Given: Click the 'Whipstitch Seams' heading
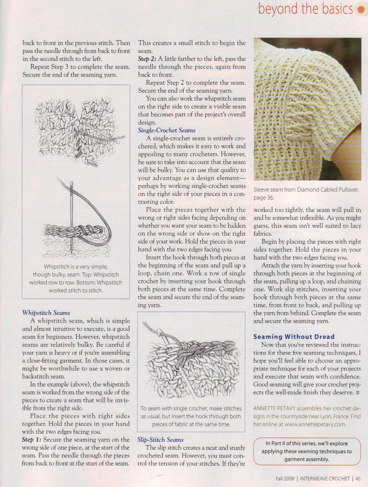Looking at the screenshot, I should [x=46, y=313].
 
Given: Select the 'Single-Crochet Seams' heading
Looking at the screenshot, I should [x=167, y=130].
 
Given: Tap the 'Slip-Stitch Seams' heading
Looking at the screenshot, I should [x=160, y=440].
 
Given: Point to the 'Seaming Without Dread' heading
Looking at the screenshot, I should [x=294, y=337].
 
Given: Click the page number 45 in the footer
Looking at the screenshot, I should [x=358, y=479].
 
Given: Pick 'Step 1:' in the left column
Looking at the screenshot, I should [x=31, y=440].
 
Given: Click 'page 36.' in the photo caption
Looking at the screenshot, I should [x=264, y=198].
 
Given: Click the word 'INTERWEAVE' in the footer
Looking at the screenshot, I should [x=316, y=479].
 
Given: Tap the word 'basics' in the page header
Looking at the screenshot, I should [x=337, y=9].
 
